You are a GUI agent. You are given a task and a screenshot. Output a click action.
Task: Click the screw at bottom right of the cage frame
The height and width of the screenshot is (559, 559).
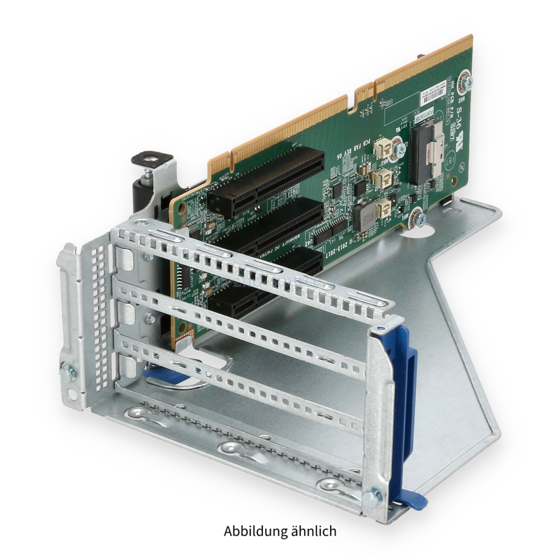tap(370, 496)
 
